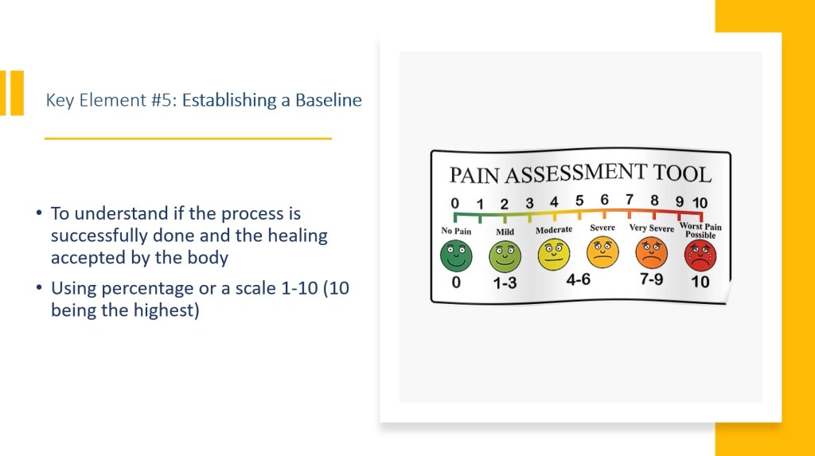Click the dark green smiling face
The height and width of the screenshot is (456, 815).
[x=456, y=255]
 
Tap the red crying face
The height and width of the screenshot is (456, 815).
[x=700, y=255]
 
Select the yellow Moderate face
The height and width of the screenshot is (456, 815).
[x=554, y=254]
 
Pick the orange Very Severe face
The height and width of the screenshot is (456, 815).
[x=651, y=253]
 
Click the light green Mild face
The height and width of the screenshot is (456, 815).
[x=505, y=257]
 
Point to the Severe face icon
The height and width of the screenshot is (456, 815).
[x=602, y=252]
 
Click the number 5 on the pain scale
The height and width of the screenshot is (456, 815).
[x=579, y=201]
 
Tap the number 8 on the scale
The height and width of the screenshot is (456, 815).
[x=654, y=201]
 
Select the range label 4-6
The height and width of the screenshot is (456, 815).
[x=579, y=280]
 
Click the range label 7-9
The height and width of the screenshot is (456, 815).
[x=651, y=279]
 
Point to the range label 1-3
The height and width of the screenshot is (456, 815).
[x=505, y=283]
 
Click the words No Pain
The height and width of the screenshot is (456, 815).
[x=456, y=231]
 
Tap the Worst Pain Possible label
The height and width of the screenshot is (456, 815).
[x=700, y=230]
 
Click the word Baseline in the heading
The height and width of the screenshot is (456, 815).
[x=329, y=99]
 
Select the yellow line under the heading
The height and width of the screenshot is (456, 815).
[x=188, y=138]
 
